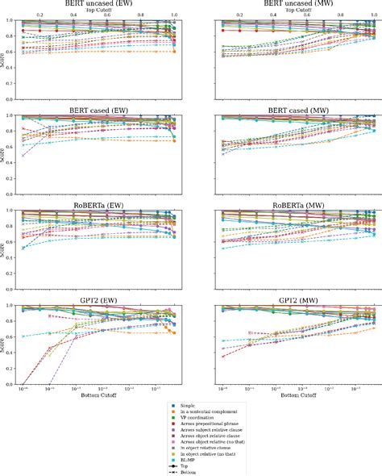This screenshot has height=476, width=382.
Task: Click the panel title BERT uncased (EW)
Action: tap(100, 3)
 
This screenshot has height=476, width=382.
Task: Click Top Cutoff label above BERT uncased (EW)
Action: tap(100, 10)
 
